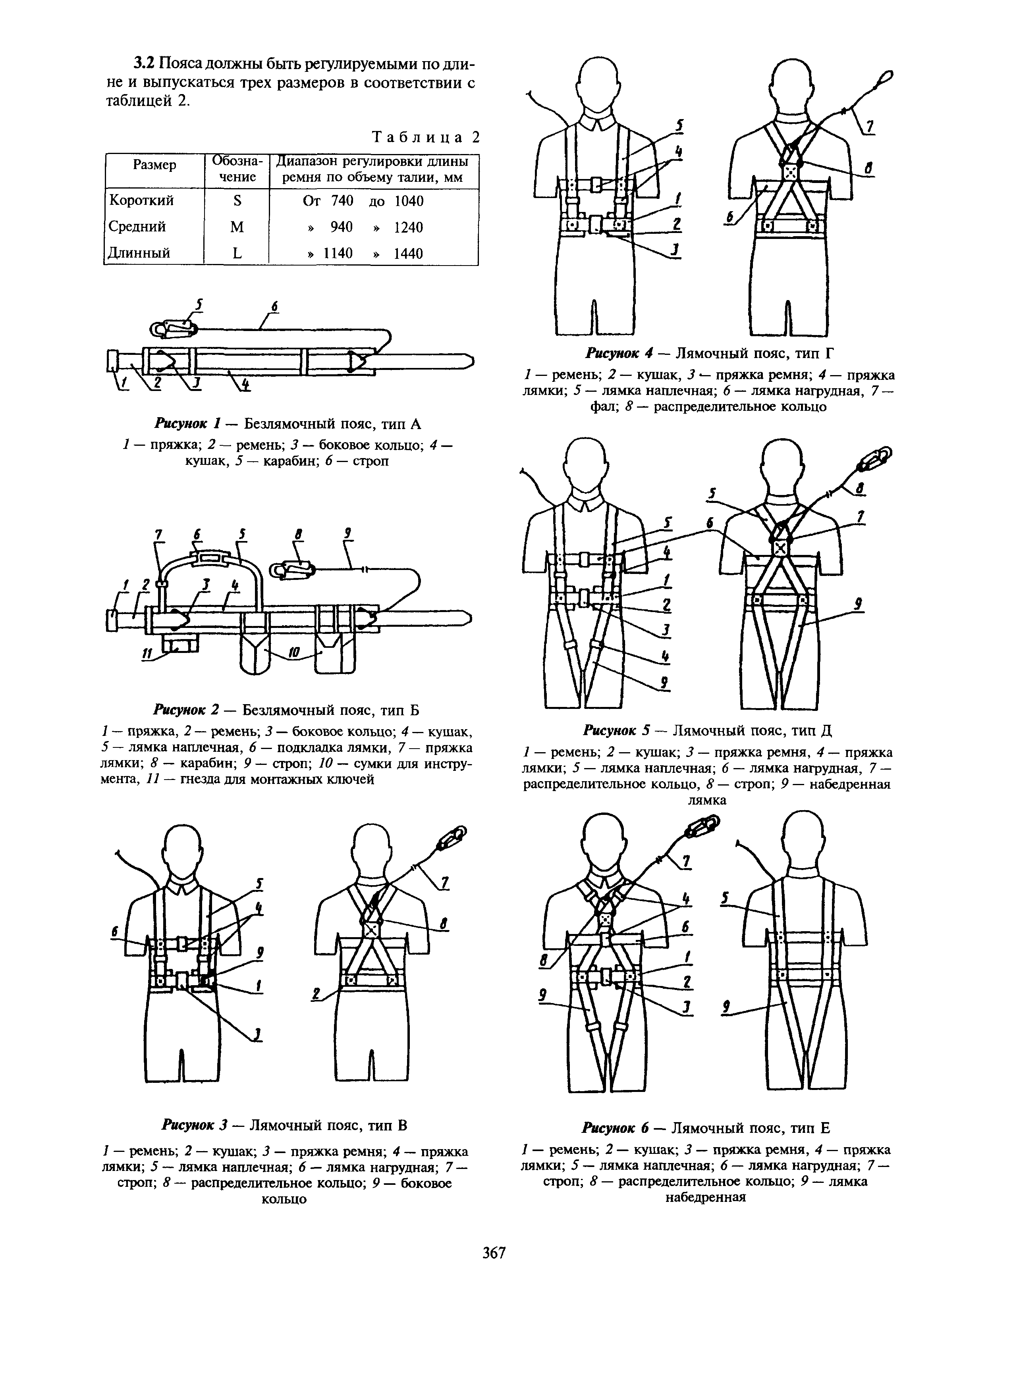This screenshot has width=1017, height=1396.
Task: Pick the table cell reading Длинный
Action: pyautogui.click(x=140, y=253)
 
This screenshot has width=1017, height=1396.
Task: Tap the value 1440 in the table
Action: pyautogui.click(x=408, y=253)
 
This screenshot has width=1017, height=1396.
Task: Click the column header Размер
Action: pyautogui.click(x=154, y=165)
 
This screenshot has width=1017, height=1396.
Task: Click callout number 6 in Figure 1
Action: pyautogui.click(x=274, y=306)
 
